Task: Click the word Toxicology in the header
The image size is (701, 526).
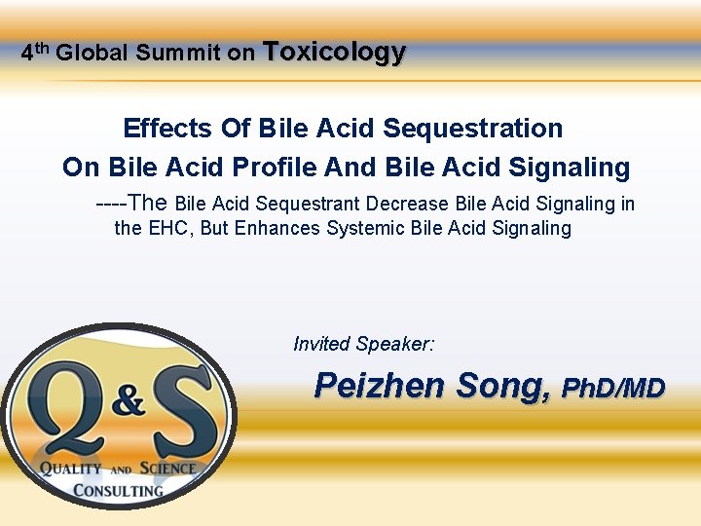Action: [334, 53]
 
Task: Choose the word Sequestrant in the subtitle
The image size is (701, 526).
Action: [305, 205]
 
